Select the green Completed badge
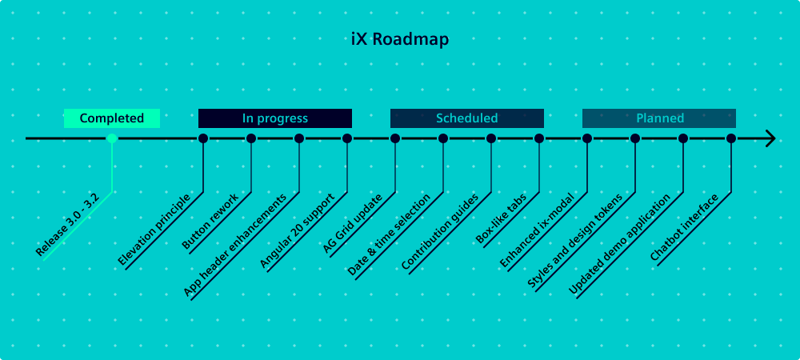point(112,118)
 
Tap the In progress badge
point(275,118)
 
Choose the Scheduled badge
point(467,118)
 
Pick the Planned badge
point(659,118)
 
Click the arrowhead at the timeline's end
point(770,139)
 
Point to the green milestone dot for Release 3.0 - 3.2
point(112,139)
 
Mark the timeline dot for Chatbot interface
point(731,139)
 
